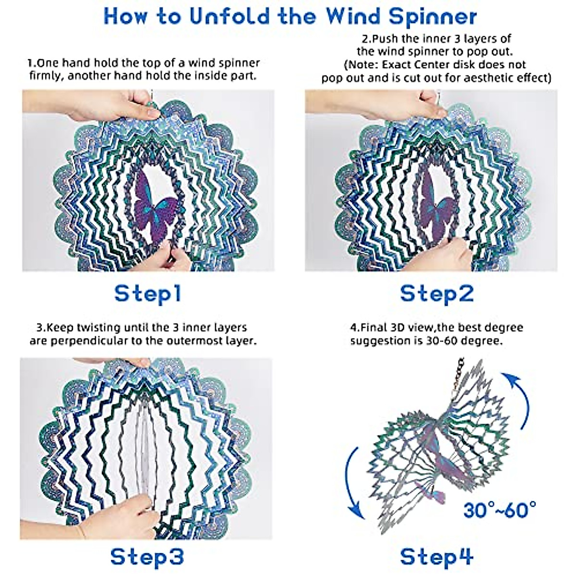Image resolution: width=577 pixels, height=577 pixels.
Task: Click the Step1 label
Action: coord(148,293)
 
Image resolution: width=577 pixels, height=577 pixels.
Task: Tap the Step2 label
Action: coord(437,293)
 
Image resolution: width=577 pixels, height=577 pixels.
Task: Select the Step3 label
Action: coord(147,556)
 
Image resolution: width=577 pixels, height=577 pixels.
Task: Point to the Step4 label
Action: coord(437,556)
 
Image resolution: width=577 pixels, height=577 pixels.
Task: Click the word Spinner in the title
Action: coord(430,16)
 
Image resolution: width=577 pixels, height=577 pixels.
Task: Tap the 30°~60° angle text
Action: coord(500,509)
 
